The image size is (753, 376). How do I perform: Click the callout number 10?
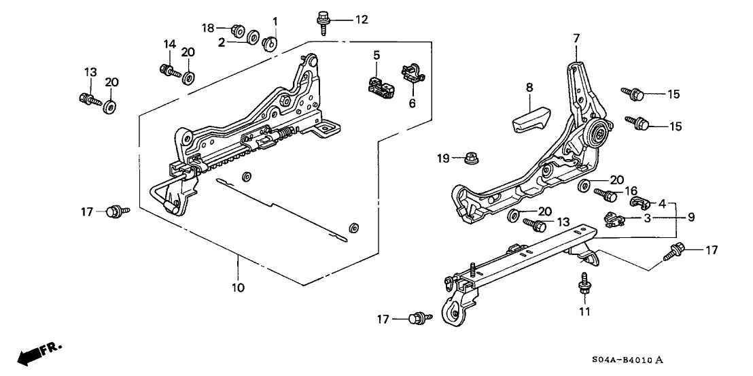237,288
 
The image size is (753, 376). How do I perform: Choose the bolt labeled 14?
167,69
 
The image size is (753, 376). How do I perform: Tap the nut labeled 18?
238,29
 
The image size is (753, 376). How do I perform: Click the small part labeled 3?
615,219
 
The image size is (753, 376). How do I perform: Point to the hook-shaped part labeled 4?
640,201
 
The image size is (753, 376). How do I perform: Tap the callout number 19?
442,159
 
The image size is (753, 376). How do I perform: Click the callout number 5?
376,54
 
